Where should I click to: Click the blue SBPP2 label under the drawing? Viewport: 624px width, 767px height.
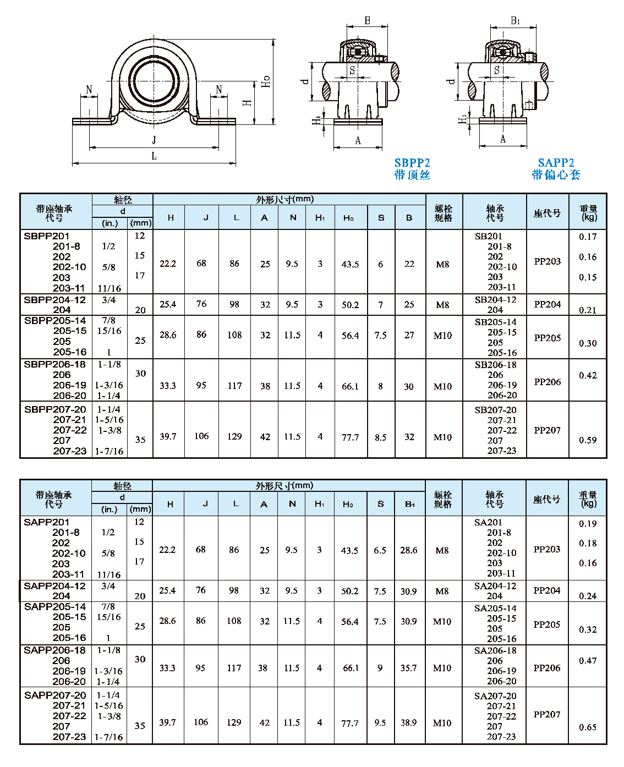pos(412,163)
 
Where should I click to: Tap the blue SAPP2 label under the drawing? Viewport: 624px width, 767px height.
pos(556,163)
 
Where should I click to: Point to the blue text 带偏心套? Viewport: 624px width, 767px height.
pos(556,175)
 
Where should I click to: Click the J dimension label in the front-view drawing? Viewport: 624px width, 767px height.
pos(154,140)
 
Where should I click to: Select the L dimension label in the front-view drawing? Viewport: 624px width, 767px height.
pos(154,156)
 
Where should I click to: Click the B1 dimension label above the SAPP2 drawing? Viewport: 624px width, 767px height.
pos(515,21)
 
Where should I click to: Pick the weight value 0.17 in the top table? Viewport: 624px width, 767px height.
pos(588,237)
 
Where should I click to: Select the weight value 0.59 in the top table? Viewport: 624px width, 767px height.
pos(588,440)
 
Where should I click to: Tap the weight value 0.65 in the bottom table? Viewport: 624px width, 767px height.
pos(588,727)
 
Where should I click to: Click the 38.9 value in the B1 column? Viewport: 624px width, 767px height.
pos(409,722)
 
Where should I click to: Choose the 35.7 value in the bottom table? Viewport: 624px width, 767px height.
pos(409,668)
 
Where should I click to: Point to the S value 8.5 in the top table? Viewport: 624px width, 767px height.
pos(380,437)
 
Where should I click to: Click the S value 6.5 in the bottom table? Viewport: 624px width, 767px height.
pos(380,550)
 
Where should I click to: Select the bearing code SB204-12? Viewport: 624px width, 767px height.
pos(495,300)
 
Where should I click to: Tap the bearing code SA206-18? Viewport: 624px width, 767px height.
pos(495,650)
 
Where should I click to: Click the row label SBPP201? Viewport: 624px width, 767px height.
pos(47,236)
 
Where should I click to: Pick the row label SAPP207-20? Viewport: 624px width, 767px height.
pos(55,695)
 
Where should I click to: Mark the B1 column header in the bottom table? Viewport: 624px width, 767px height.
pos(409,504)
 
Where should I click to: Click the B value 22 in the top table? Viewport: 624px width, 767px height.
pos(409,264)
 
